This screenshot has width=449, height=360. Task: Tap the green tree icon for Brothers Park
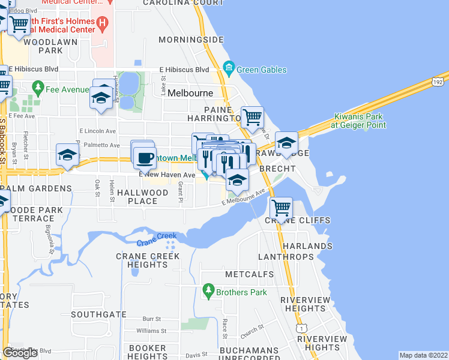tap(208, 292)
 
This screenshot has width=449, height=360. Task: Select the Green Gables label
tap(261, 70)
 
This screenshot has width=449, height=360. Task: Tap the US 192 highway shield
tap(437, 81)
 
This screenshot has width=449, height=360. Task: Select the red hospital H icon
tap(103, 25)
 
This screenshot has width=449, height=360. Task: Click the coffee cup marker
tap(145, 158)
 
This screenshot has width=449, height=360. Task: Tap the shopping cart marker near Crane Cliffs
tap(281, 208)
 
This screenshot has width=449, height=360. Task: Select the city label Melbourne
tap(190, 93)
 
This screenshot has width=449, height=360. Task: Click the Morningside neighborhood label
tap(191, 40)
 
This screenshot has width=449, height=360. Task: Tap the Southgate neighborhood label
tap(98, 314)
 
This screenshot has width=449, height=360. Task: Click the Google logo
tap(20, 353)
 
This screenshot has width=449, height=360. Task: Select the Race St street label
tap(225, 328)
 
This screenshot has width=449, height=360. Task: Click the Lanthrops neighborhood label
tap(286, 257)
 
